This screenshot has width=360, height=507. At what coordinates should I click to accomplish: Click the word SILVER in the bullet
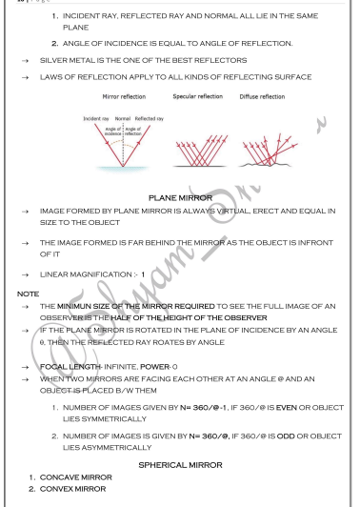coord(53,59)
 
